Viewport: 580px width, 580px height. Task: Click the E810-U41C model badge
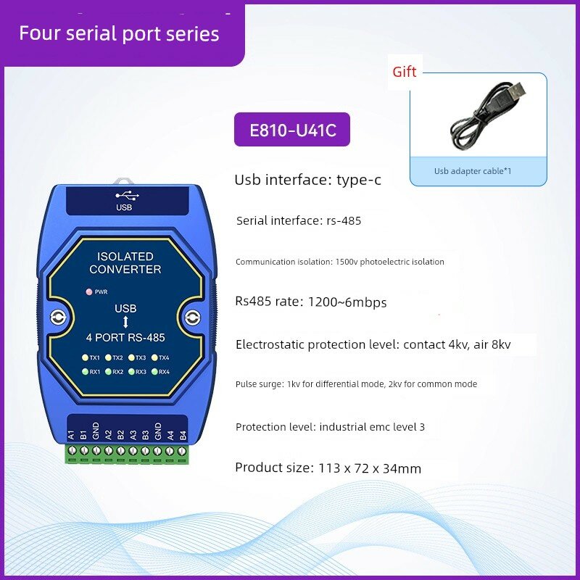coord(292,130)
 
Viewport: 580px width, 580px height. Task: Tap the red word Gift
coord(405,72)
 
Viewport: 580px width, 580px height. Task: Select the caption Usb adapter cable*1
coord(473,171)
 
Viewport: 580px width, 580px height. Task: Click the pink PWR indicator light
coord(88,292)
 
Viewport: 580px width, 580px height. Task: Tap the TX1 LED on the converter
coord(85,357)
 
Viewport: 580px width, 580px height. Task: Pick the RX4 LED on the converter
coord(154,372)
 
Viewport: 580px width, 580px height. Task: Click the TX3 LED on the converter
coord(131,357)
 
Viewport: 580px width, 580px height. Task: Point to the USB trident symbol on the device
coord(127,196)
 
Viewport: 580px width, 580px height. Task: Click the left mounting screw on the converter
coord(58,317)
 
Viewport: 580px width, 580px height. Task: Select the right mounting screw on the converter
coord(192,317)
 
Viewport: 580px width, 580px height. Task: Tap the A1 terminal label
coord(71,434)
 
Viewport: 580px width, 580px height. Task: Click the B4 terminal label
coord(183,435)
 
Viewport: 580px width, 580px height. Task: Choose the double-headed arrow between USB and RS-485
coord(125,322)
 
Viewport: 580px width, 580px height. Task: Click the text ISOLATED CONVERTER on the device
coord(125,263)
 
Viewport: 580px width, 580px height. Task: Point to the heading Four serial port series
coord(119,33)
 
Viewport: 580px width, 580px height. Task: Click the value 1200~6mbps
coord(347,302)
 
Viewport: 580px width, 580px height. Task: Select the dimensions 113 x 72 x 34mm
coord(370,468)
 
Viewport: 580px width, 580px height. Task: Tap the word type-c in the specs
coord(358,180)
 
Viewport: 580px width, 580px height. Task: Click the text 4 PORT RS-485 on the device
coord(125,337)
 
